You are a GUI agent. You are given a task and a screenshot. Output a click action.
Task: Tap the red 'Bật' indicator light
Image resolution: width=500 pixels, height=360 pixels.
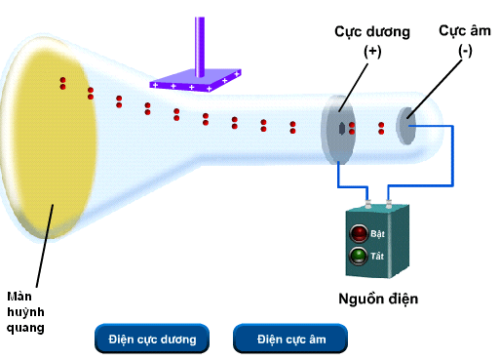click(x=358, y=233)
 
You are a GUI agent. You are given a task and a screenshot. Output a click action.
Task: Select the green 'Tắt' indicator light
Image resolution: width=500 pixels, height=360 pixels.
click(x=358, y=257)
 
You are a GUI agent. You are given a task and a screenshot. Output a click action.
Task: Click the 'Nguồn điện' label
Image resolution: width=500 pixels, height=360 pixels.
click(x=372, y=299)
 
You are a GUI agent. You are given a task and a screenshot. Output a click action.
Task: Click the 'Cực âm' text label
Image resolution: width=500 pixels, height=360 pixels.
click(x=457, y=30)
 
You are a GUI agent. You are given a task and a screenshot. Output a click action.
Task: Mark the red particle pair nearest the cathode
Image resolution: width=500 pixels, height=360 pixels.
click(x=381, y=127)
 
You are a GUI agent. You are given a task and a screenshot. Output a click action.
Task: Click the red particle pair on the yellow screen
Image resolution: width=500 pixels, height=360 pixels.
click(x=63, y=83)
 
